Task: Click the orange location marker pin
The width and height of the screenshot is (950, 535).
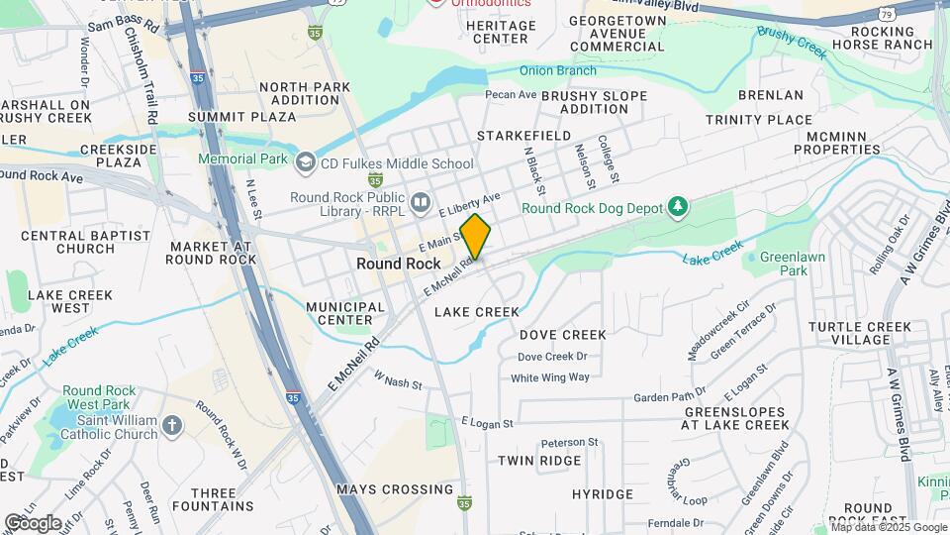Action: click(x=476, y=237)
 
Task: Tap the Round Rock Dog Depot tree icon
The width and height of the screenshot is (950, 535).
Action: click(x=678, y=207)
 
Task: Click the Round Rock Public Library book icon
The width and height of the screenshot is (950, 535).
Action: click(x=422, y=203)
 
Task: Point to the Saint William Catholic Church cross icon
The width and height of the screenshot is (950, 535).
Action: click(x=173, y=425)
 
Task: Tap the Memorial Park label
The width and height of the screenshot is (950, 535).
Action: click(x=242, y=159)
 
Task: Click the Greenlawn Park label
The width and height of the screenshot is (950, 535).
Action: click(x=786, y=264)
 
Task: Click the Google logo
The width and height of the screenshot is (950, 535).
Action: click(x=33, y=522)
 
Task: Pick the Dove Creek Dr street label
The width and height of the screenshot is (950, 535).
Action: click(x=552, y=357)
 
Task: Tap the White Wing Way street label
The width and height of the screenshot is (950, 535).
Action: click(x=550, y=377)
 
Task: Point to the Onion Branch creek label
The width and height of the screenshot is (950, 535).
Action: click(x=558, y=70)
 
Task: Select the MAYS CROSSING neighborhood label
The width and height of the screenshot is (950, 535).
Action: click(x=395, y=489)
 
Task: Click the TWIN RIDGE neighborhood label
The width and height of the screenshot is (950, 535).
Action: click(x=539, y=461)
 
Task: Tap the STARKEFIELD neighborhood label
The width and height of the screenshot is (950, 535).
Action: click(x=524, y=135)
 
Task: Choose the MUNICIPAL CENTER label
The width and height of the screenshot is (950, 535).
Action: click(x=345, y=313)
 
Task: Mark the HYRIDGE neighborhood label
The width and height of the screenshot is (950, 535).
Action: click(x=602, y=493)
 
